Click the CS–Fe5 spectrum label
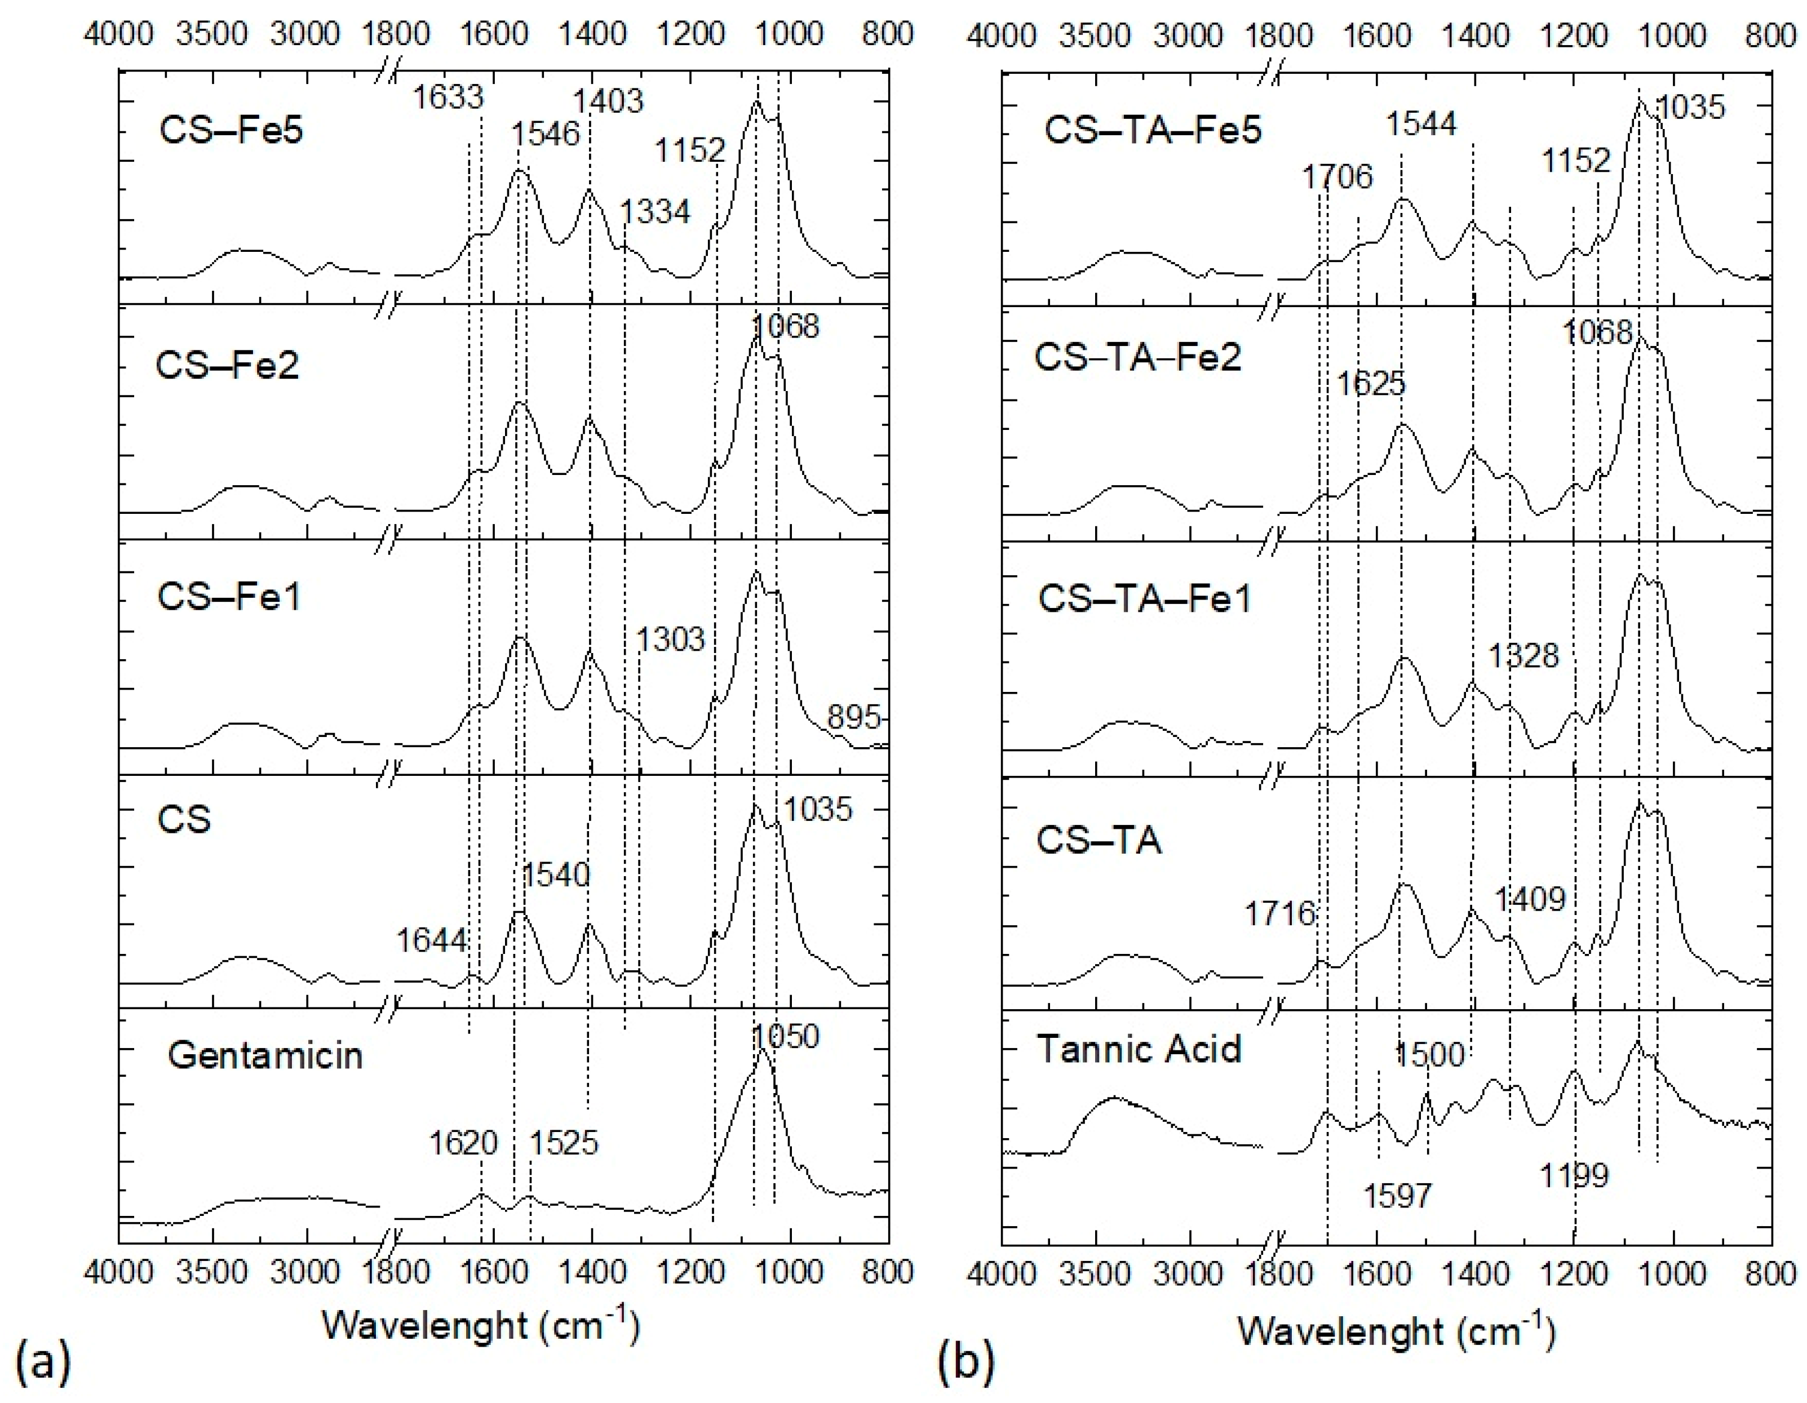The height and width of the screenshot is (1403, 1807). [231, 130]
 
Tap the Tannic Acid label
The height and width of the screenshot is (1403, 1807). [1139, 1050]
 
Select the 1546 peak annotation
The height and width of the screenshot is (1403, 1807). [546, 133]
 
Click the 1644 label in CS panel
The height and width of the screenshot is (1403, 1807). [431, 940]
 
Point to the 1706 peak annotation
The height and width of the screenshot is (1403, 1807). [1337, 177]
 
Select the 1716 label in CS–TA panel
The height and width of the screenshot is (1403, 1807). [1280, 914]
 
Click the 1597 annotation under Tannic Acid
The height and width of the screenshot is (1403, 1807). [1397, 1195]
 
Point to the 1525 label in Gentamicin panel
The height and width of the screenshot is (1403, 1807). [564, 1143]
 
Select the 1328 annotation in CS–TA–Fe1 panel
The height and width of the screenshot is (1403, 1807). [1523, 656]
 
